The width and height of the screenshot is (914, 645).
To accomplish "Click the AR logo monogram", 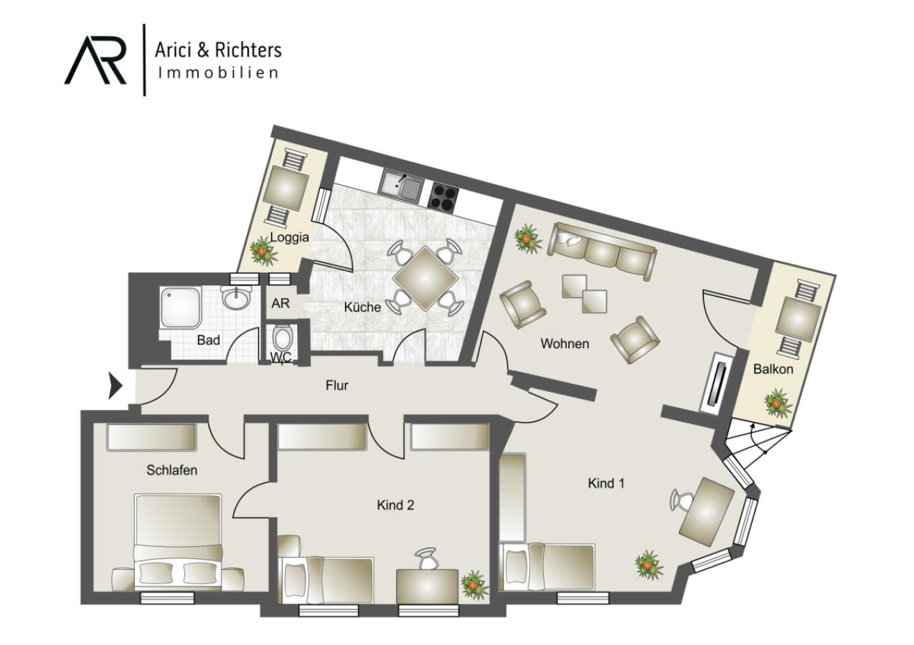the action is [x=95, y=60].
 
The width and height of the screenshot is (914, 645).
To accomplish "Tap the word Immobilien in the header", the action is [x=218, y=72].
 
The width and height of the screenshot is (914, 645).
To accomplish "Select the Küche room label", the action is [x=362, y=307].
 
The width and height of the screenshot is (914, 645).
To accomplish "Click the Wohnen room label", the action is [x=565, y=343].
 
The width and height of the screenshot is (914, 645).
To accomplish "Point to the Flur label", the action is [x=336, y=385].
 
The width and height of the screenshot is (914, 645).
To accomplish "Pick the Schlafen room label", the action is [x=171, y=470].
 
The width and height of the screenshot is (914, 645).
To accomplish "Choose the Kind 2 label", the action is [x=395, y=505].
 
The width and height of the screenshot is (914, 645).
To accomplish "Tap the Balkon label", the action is [x=773, y=369].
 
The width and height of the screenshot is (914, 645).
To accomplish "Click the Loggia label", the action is [x=289, y=237].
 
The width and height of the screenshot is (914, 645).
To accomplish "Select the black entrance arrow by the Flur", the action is [x=115, y=386].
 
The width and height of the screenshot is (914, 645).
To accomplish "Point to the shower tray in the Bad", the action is [x=180, y=307].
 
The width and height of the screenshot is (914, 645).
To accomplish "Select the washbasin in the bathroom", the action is [x=236, y=297].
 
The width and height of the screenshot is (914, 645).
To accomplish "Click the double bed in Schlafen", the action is [x=178, y=543].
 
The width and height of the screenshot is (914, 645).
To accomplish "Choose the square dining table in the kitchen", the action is [x=425, y=278].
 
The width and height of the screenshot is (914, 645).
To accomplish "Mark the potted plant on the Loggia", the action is [x=263, y=251].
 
